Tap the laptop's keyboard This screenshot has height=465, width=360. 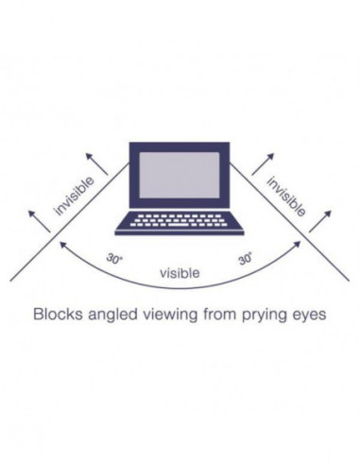pyautogui.click(x=180, y=221)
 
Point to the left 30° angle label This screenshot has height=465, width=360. pyautogui.click(x=115, y=258)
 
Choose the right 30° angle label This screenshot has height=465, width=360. pyautogui.click(x=246, y=258)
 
